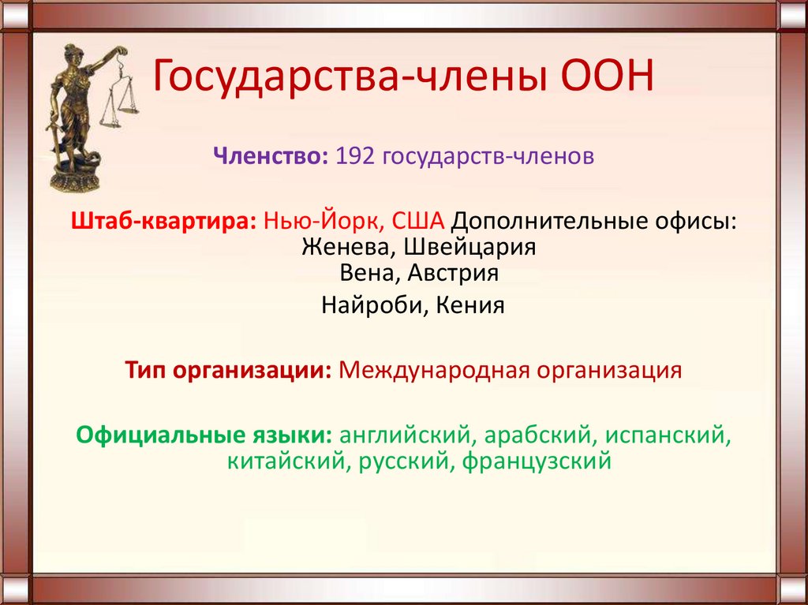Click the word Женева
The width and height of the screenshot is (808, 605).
pyautogui.click(x=348, y=247)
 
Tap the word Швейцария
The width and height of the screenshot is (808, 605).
pyautogui.click(x=470, y=247)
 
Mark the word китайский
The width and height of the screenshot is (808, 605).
pyautogui.click(x=285, y=460)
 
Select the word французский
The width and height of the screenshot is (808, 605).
pyautogui.click(x=537, y=460)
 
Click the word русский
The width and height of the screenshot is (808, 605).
pyautogui.click(x=401, y=460)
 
